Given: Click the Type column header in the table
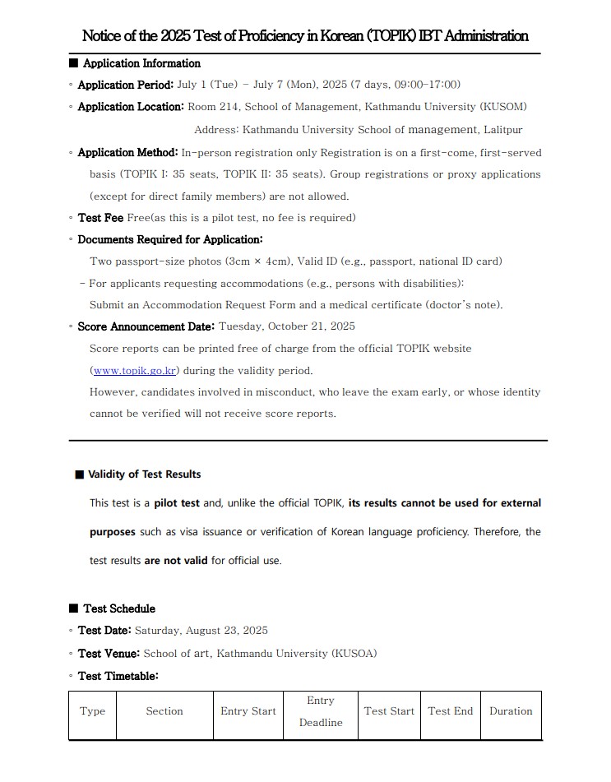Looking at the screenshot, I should coord(92,711).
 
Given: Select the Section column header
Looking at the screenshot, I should coord(164,711).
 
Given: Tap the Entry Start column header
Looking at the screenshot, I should coord(248,711).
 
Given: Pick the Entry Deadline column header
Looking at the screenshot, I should coord(320,711).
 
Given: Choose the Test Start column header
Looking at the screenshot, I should coord(389,711).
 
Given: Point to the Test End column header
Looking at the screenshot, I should coord(451,711).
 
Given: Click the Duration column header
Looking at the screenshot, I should coord(511,711).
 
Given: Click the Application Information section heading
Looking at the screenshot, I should coord(141,63).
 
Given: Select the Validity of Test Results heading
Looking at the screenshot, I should coord(144,474).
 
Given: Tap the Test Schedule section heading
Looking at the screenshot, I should coord(119,608).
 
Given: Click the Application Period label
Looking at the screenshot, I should coord(125,85).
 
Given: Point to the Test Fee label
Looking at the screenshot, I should coord(100,218).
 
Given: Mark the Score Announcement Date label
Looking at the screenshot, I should coord(146,326).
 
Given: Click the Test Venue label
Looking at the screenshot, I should coord(109,654).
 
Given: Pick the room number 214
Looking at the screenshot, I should coord(229,107).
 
